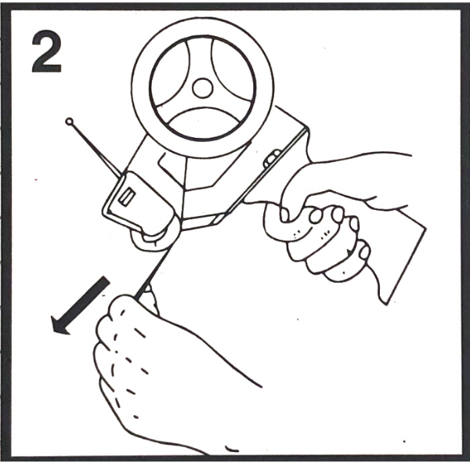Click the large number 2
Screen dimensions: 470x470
point(46,51)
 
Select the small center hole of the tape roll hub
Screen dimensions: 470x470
point(203,88)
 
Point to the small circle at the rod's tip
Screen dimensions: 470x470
point(69,121)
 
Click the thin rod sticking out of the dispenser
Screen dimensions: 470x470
point(96,148)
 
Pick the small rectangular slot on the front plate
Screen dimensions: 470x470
point(127,197)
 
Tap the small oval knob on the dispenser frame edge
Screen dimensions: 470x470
point(272,158)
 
